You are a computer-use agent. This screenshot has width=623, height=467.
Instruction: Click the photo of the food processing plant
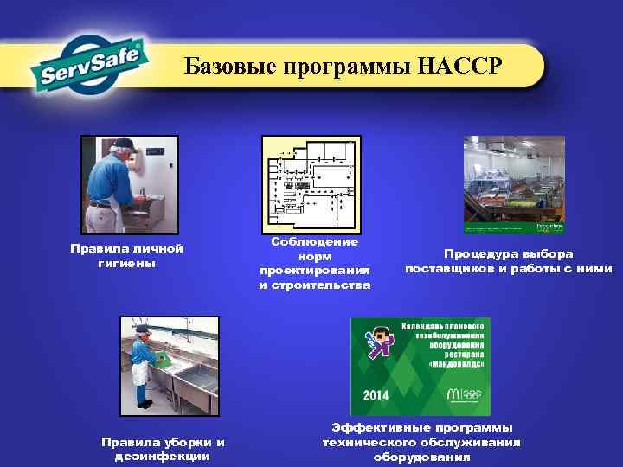click(514, 184)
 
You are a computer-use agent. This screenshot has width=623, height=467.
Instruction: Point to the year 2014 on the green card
click(375, 394)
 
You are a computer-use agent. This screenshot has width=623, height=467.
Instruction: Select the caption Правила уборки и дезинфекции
click(163, 449)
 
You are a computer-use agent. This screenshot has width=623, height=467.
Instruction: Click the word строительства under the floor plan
click(315, 285)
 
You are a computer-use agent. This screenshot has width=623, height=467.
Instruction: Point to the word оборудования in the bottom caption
click(421, 457)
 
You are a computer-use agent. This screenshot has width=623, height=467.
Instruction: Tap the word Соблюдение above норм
click(315, 242)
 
